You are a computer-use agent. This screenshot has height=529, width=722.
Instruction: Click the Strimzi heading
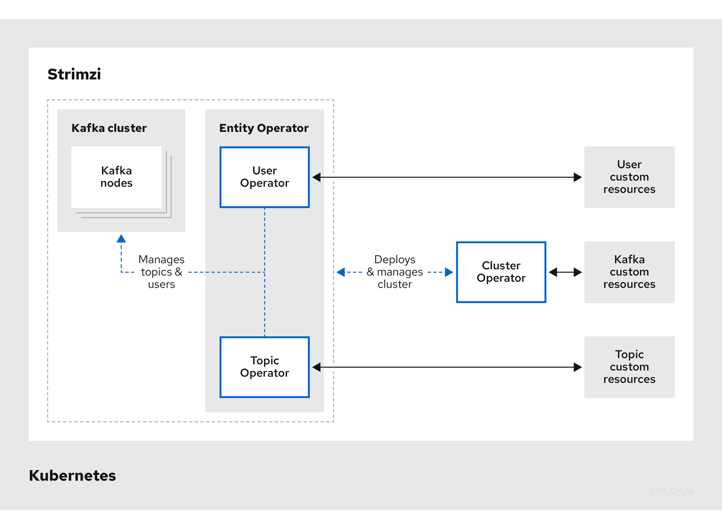74,74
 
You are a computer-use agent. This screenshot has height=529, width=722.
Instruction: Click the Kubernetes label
72,475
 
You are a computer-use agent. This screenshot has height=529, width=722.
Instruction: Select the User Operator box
265,177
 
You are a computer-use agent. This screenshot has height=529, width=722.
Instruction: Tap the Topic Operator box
265,367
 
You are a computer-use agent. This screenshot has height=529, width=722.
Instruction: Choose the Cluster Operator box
501,272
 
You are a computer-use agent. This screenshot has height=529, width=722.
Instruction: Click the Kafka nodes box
116,177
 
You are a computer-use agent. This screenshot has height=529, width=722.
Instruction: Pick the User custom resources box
629,177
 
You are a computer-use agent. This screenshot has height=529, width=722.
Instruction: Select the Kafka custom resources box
629,272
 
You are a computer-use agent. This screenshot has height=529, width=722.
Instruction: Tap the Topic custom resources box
629,367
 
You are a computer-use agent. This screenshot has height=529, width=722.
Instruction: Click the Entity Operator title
264,128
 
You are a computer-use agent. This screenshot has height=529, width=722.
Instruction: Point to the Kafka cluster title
109,128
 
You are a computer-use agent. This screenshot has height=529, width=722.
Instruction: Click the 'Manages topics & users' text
161,272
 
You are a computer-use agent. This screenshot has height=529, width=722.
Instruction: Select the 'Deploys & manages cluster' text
394,272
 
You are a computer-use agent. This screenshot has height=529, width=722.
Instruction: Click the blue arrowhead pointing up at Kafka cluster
121,238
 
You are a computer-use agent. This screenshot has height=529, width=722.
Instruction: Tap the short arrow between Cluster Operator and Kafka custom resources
565,272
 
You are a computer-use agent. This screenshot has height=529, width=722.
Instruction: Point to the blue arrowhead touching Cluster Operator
449,272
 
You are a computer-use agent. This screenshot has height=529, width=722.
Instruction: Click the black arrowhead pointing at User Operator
317,177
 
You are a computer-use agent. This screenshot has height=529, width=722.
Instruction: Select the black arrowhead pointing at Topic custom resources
578,367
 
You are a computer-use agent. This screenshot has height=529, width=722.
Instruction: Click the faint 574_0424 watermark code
671,491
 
